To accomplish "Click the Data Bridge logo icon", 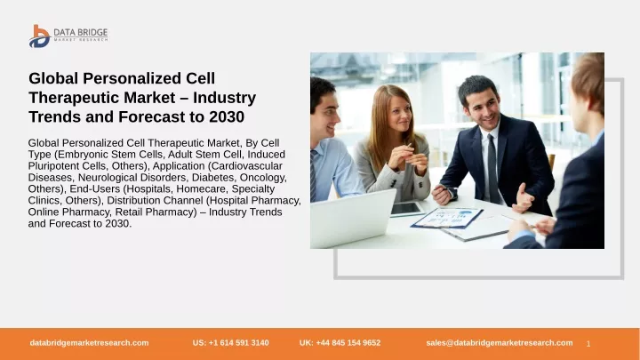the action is tap(40, 36).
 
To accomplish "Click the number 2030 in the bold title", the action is tap(227, 116).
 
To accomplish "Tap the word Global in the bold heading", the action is tap(53, 78).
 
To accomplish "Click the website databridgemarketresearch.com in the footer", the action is tap(89, 343).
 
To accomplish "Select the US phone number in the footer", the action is tap(230, 343).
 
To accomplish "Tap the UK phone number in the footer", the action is tap(340, 343).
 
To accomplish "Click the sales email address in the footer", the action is tap(500, 343).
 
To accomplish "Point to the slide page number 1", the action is tap(588, 344).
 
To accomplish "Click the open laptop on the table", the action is tap(352, 218).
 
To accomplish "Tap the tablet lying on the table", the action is tap(407, 209).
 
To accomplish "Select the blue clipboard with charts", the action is tap(447, 218).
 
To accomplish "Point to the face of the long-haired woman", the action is tap(398, 112).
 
